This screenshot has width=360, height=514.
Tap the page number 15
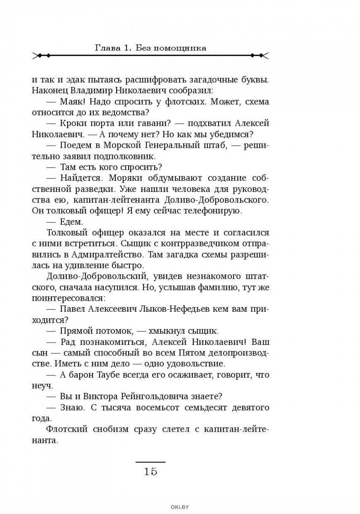tap(150, 472)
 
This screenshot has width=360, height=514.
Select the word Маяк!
tap(73, 102)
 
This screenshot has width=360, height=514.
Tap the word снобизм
tap(104, 429)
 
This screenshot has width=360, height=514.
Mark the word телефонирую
tap(215, 211)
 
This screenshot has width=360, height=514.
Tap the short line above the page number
tap(150, 462)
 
